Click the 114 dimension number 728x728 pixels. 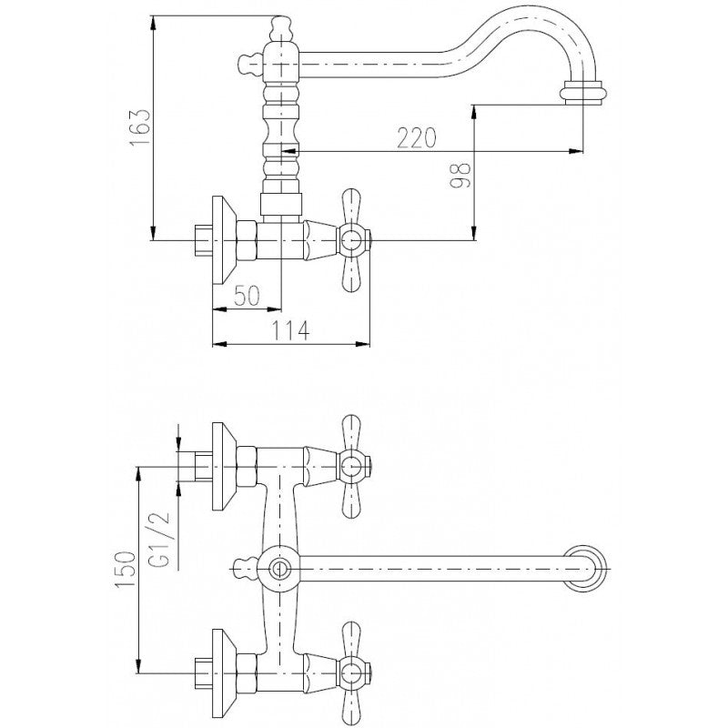(290, 330)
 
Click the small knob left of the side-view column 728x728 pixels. (248, 63)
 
